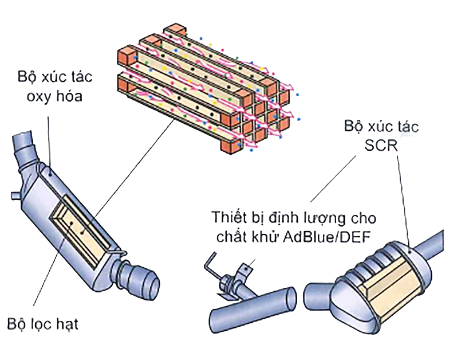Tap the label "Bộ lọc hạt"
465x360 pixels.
(42, 324)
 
